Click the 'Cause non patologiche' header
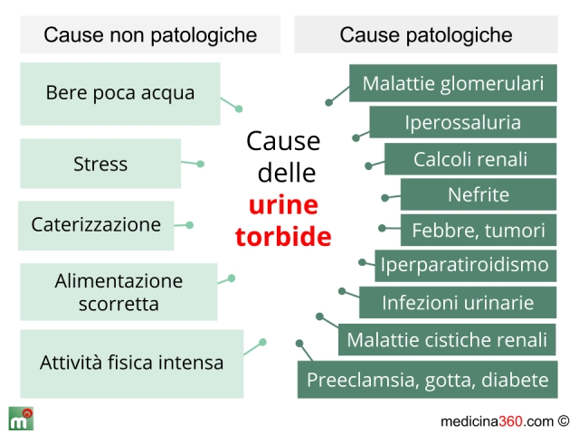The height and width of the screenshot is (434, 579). click(150, 34)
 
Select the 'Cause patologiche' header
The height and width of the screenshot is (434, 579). click(426, 34)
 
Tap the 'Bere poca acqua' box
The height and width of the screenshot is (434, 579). click(120, 94)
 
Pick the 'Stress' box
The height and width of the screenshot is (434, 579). click(100, 164)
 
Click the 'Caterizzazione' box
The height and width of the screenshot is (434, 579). click(96, 225)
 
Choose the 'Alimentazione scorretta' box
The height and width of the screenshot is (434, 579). click(119, 291)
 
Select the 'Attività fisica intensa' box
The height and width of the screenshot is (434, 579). click(132, 363)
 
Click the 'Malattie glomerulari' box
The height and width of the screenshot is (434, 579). click(453, 83)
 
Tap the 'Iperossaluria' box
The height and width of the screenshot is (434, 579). click(463, 122)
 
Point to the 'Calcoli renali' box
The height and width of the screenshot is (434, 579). click(470, 159)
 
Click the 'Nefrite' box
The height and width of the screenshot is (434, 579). click(479, 194)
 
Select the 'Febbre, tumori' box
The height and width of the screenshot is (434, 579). click(479, 230)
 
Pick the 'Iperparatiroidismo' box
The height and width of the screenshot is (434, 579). click(466, 266)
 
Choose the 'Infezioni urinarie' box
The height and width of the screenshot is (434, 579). click(458, 302)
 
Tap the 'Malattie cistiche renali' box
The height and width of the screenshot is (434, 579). click(447, 340)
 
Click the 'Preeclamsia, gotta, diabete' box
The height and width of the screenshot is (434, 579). click(428, 380)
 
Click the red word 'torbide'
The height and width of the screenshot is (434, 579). click(283, 236)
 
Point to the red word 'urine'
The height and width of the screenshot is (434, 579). click(283, 204)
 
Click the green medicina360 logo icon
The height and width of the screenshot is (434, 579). click(21, 419)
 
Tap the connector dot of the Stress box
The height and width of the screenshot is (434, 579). click(201, 164)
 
